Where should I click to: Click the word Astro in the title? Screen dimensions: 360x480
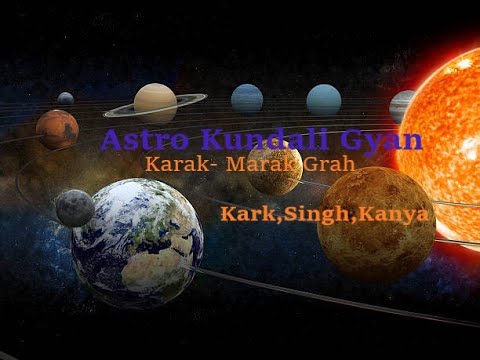click(136, 140)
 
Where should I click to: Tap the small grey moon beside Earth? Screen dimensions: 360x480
click(75, 208)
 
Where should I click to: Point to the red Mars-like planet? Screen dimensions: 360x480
click(57, 128)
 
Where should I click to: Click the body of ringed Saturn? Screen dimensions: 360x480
click(155, 101)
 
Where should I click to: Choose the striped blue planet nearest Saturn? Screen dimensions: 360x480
click(247, 98)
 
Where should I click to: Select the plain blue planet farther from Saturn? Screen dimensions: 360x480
click(323, 99)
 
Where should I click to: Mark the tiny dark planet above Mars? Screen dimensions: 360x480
click(66, 99)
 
